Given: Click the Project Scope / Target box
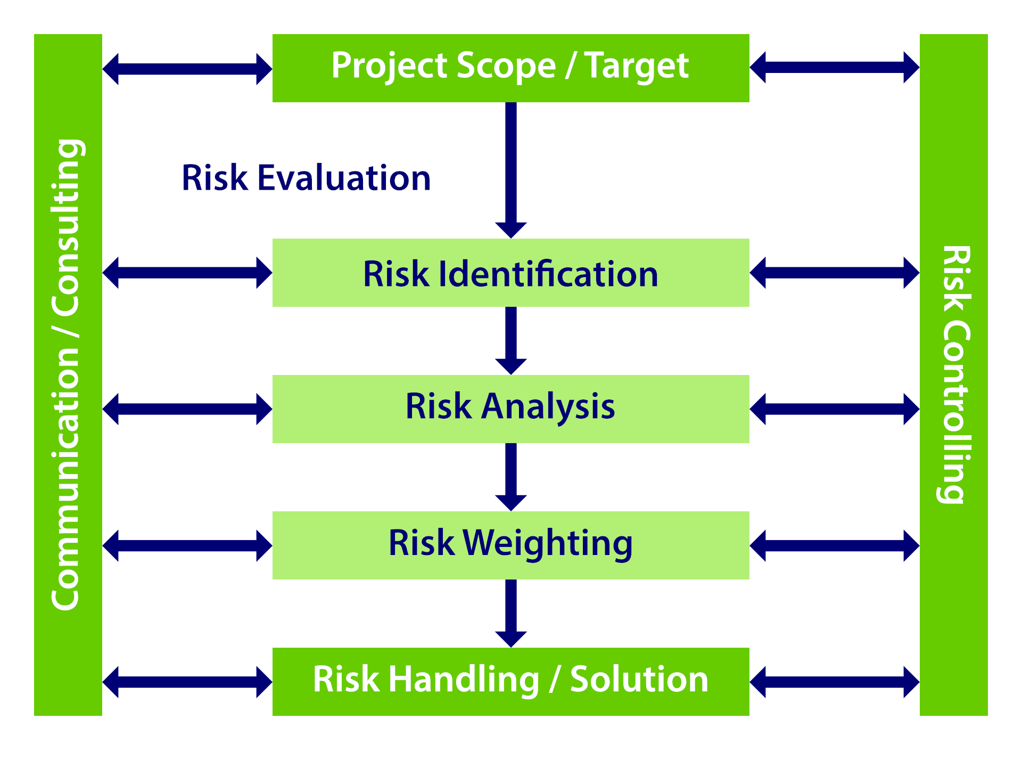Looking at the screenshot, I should click(x=510, y=68).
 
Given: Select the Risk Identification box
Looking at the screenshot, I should click(x=510, y=273).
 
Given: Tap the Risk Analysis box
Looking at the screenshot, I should click(x=510, y=409).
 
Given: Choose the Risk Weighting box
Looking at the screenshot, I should click(x=510, y=545).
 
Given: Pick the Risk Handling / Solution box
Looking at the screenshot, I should click(x=510, y=681).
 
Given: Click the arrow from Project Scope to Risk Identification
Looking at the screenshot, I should click(x=511, y=170).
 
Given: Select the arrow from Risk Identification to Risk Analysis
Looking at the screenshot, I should click(x=511, y=341).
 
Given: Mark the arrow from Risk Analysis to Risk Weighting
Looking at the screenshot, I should click(x=511, y=477).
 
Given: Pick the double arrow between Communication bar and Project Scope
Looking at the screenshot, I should click(x=187, y=69).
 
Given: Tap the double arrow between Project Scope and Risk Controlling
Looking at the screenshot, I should click(x=835, y=68).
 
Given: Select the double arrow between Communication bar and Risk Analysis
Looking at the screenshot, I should click(x=187, y=409).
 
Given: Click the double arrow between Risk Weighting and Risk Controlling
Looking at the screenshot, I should click(x=835, y=545).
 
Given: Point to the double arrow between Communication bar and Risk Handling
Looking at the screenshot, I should click(x=187, y=682).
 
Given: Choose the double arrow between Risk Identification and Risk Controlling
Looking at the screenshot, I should click(x=835, y=273).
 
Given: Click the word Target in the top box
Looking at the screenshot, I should click(x=637, y=67).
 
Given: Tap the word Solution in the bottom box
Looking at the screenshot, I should click(x=639, y=680).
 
